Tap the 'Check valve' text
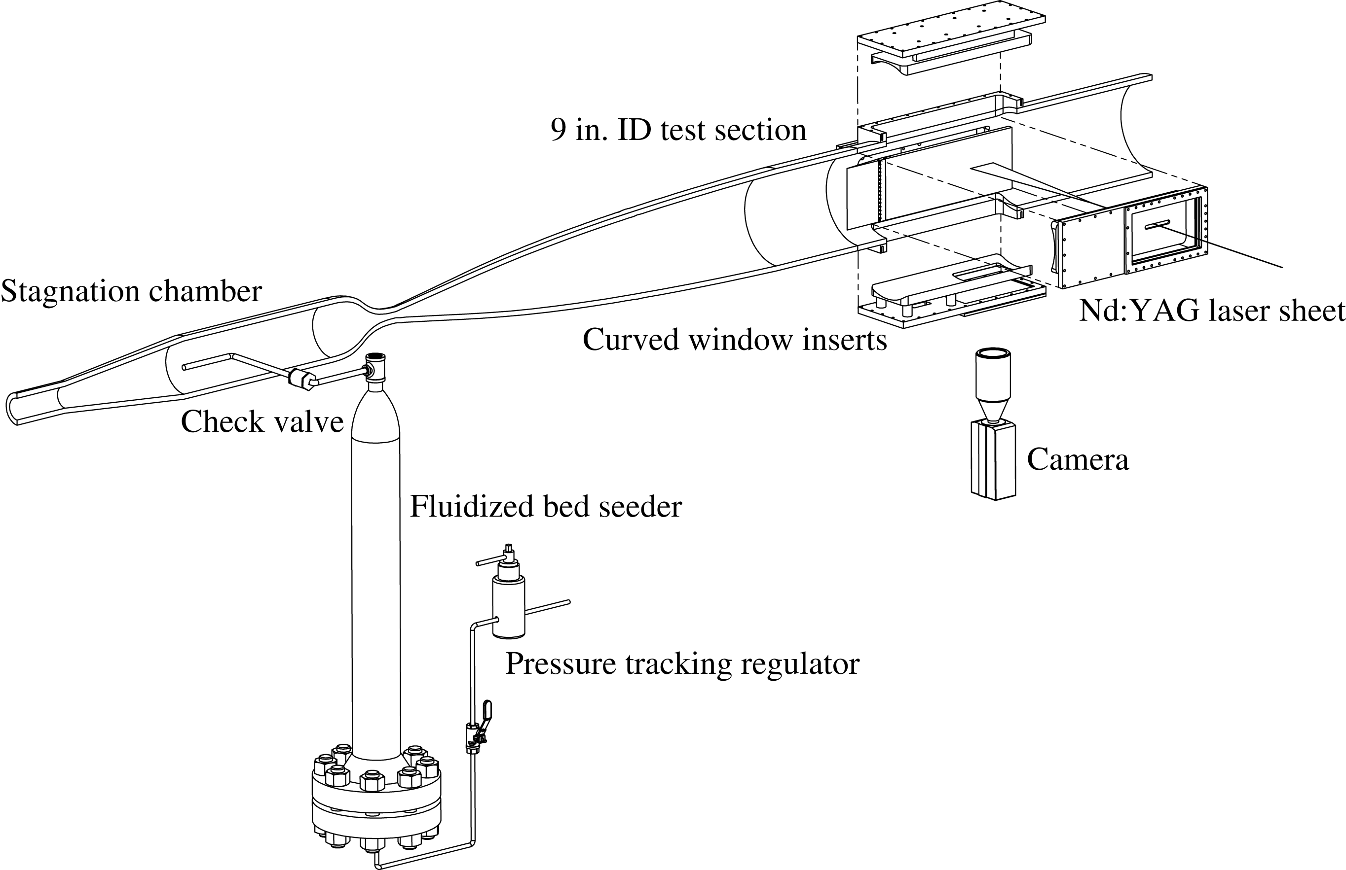[x=262, y=422]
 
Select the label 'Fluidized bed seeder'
[x=546, y=506]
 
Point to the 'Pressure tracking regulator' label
[x=682, y=663]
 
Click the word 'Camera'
[x=1078, y=459]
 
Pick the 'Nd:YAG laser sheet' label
[x=1212, y=312]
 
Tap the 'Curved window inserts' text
[x=734, y=340]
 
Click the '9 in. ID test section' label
[x=678, y=130]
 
